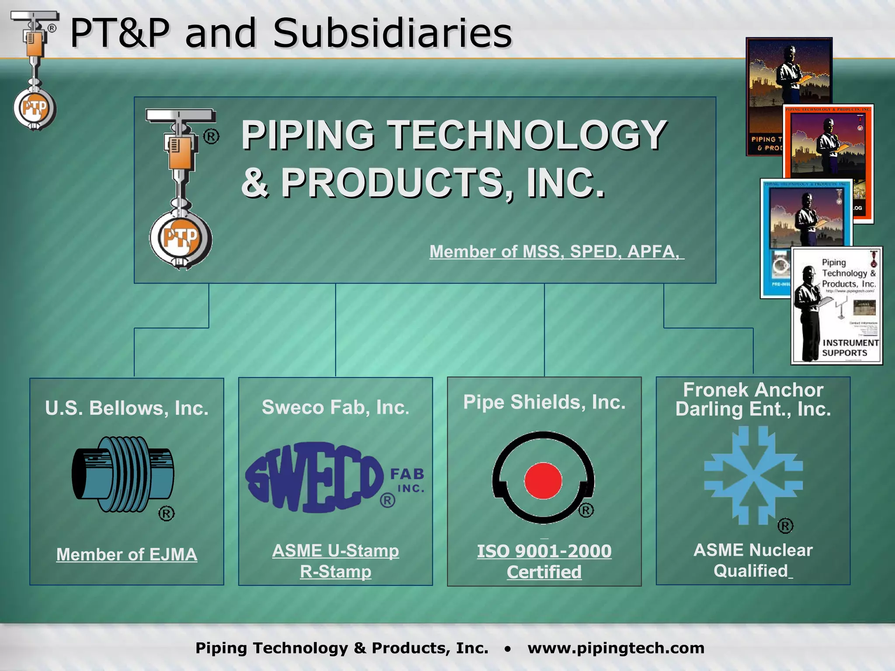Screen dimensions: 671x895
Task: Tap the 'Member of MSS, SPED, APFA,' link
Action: pyautogui.click(x=556, y=252)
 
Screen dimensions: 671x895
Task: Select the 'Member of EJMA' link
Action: pyautogui.click(x=127, y=554)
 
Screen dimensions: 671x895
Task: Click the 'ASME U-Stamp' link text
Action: pyautogui.click(x=335, y=550)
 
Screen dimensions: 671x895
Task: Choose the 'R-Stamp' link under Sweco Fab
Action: pyautogui.click(x=335, y=571)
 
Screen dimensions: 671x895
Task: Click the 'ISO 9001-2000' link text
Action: pyautogui.click(x=544, y=551)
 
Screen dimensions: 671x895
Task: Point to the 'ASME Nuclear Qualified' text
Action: pyautogui.click(x=753, y=560)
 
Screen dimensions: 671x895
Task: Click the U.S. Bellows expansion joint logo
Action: pyautogui.click(x=122, y=474)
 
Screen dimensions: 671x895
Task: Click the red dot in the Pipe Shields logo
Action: pyautogui.click(x=543, y=481)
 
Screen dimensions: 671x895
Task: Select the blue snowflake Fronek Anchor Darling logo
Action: pyautogui.click(x=753, y=475)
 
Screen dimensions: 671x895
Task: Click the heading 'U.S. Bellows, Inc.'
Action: pyautogui.click(x=127, y=408)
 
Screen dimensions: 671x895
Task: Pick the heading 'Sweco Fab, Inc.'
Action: pyautogui.click(x=335, y=407)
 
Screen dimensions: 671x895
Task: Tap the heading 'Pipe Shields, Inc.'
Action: pyautogui.click(x=544, y=402)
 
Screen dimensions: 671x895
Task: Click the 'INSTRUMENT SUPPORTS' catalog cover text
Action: pyautogui.click(x=850, y=348)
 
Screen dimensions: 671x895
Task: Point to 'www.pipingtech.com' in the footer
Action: pyautogui.click(x=616, y=648)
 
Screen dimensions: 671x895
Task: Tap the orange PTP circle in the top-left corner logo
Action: pyautogui.click(x=35, y=107)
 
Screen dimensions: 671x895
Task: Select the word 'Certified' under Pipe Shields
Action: pyautogui.click(x=544, y=572)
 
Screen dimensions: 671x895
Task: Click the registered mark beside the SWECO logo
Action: pyautogui.click(x=387, y=500)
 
